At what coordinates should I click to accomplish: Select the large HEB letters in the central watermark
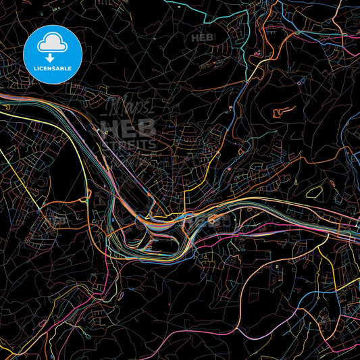128,128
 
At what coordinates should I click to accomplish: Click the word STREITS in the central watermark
128,143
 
